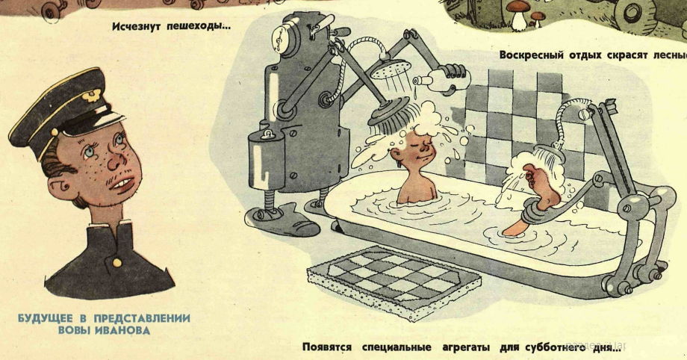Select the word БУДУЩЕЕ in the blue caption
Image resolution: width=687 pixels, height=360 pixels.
(x=45, y=318)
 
